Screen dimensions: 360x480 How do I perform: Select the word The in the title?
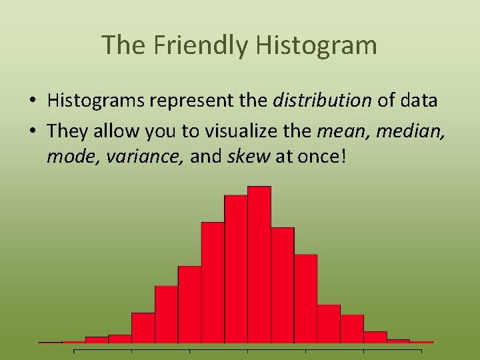pos(125,45)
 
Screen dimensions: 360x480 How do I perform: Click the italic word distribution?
pos(323,101)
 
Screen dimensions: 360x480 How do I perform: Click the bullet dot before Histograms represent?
pos(32,101)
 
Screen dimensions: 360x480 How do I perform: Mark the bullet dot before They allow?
pos(32,131)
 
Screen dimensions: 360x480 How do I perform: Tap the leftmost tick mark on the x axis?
pos(74,350)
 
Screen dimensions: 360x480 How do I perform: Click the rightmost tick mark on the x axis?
pos(421,350)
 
